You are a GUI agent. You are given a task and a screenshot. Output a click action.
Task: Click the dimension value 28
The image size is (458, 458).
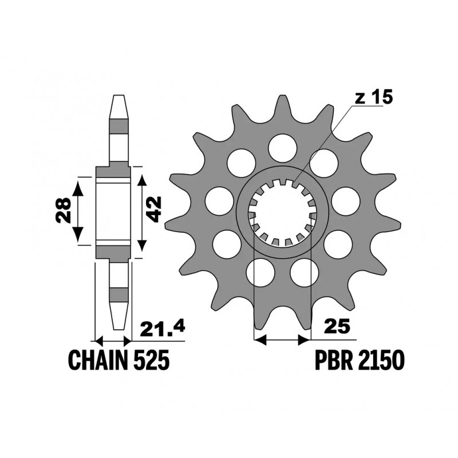coord(64,211)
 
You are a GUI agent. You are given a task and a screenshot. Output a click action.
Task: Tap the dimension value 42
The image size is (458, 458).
coord(153,209)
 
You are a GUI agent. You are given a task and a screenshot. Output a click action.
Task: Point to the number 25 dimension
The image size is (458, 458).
coord(336,326)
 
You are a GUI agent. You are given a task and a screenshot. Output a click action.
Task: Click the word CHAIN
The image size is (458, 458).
coord(98,360)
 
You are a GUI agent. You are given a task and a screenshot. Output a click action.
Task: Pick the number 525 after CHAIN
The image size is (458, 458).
coord(152,360)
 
